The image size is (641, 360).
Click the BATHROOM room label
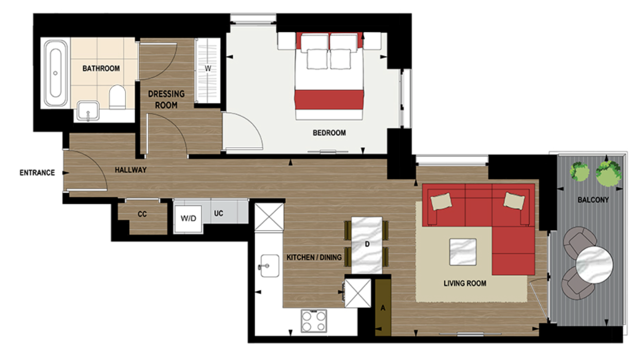click(101, 68)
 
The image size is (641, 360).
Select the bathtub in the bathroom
click(55, 72)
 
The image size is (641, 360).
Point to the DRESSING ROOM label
click(166, 100)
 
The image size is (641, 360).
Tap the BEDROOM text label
click(329, 132)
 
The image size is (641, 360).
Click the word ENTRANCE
click(37, 173)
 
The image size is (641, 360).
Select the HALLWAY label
click(130, 170)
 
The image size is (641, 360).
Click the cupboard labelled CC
click(142, 214)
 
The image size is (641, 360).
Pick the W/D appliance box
click(188, 218)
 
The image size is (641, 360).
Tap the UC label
click(218, 214)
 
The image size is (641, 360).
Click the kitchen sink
click(269, 265)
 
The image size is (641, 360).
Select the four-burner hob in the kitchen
click(313, 321)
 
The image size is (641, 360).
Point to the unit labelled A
click(383, 308)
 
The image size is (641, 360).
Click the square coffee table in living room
click(462, 252)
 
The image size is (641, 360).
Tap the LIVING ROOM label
click(465, 283)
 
